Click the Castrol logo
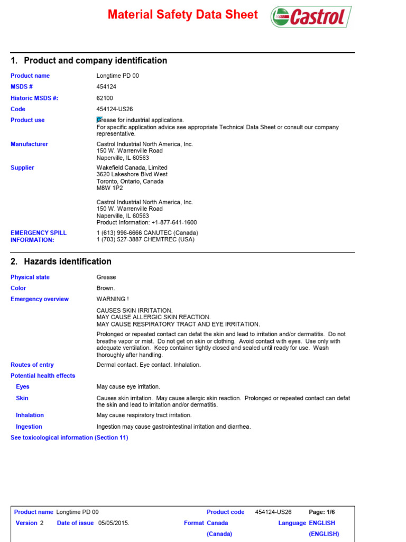click(x=310, y=17)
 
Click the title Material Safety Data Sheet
click(x=182, y=15)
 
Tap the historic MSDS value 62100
click(x=104, y=98)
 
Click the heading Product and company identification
click(x=88, y=61)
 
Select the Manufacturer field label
click(x=29, y=144)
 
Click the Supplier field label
click(x=22, y=168)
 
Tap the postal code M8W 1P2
click(x=109, y=188)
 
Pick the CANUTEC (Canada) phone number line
click(x=147, y=233)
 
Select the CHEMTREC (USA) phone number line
click(x=145, y=240)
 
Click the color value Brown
click(x=105, y=288)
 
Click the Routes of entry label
click(x=32, y=365)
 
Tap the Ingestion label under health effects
click(x=29, y=427)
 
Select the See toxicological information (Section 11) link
click(x=69, y=438)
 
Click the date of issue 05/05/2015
click(x=114, y=523)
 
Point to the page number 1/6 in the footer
click(x=329, y=512)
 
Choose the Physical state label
click(x=30, y=277)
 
